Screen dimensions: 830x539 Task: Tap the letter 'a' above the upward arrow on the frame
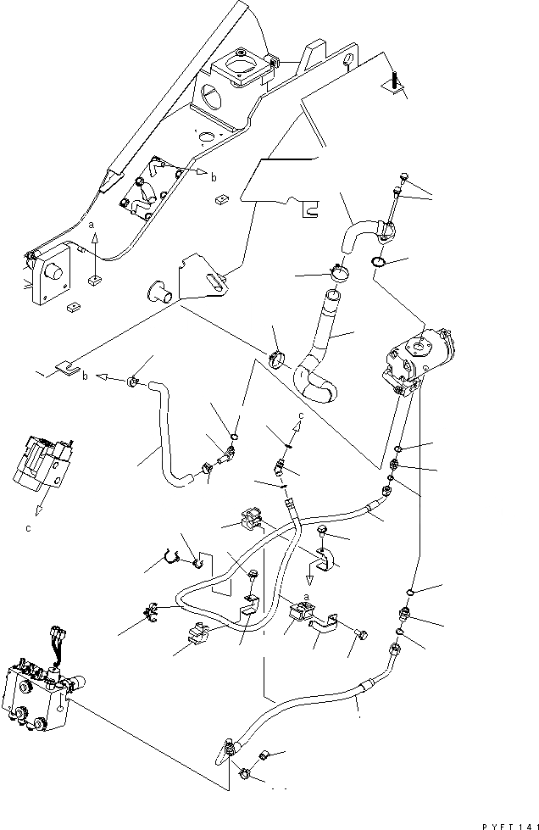coord(91,226)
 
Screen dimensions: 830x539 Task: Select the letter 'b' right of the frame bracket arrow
coord(214,177)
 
